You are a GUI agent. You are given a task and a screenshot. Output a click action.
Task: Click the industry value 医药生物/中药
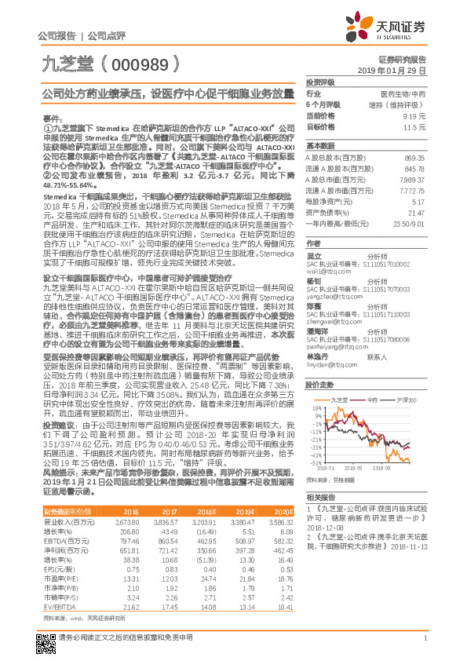tap(408, 93)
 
